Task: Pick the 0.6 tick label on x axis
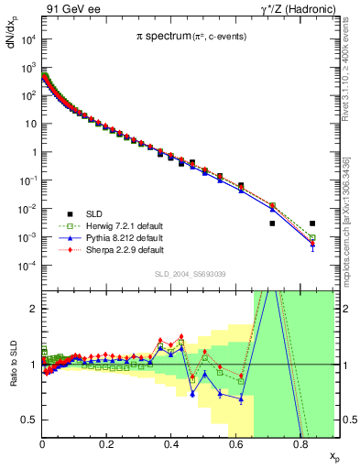pyautogui.click(x=235, y=446)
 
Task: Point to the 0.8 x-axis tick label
pyautogui.click(x=300, y=446)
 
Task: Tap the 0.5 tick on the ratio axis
pyautogui.click(x=28, y=420)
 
